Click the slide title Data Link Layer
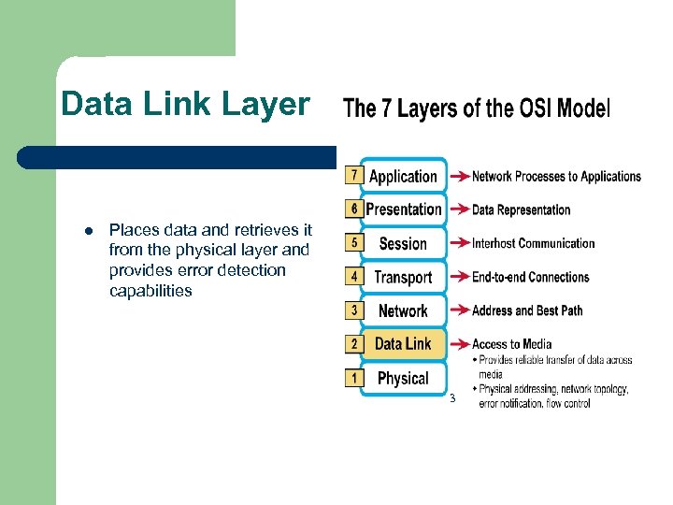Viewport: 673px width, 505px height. click(184, 104)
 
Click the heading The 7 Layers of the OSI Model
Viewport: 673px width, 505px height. click(477, 108)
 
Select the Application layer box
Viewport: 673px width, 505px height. click(403, 176)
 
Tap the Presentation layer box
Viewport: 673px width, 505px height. click(403, 209)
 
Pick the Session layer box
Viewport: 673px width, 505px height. click(403, 243)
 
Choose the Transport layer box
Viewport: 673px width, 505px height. click(403, 277)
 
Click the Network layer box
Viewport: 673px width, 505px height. click(403, 310)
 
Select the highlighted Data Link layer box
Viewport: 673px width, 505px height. click(403, 344)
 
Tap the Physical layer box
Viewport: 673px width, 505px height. click(403, 378)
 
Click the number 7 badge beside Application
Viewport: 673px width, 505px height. click(353, 175)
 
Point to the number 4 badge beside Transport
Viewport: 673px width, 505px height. click(353, 276)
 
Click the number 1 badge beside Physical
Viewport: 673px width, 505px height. click(353, 377)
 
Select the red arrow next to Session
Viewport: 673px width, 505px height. click(459, 244)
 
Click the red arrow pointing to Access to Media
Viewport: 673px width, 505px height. click(459, 344)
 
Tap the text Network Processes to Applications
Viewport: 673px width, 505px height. click(556, 176)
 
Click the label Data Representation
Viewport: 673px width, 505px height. click(521, 209)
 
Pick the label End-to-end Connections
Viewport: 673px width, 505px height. click(530, 277)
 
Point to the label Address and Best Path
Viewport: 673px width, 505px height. click(527, 310)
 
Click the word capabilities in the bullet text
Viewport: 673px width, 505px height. click(150, 291)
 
